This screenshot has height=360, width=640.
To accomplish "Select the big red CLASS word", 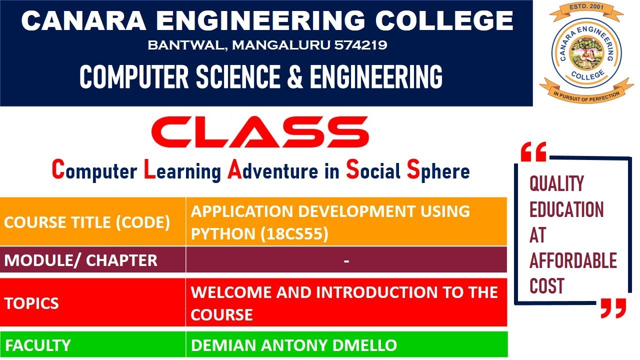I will (x=260, y=133).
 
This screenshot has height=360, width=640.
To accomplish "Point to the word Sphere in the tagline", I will (x=438, y=171).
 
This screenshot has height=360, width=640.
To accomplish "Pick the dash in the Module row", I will (x=346, y=260).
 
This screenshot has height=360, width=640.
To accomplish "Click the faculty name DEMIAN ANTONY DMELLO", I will (x=294, y=345).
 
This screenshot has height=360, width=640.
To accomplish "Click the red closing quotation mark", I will (x=613, y=308).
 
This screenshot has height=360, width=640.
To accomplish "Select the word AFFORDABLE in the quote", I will (x=573, y=261).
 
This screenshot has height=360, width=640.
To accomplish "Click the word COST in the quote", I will (x=547, y=286).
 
